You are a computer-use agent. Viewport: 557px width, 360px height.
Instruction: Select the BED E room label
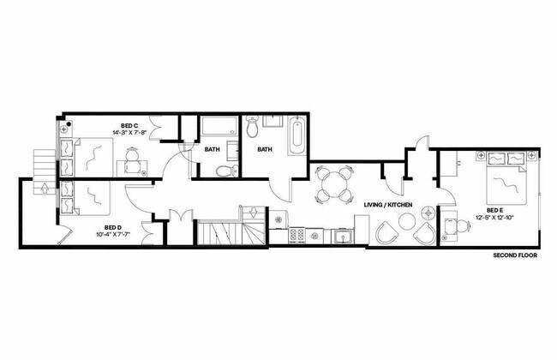(494, 210)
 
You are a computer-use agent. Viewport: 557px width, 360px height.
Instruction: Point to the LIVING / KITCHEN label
(388, 205)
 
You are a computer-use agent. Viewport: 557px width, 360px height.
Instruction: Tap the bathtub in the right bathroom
(296, 136)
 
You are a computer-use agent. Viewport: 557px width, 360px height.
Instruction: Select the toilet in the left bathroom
(225, 171)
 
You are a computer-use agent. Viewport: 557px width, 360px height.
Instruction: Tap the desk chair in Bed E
(452, 228)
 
